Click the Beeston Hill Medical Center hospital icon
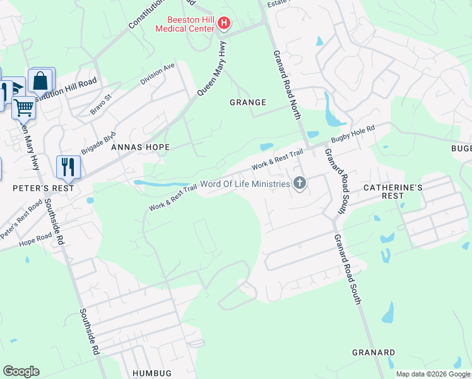(223, 25)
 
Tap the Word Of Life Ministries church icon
(300, 184)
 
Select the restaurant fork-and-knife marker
(68, 167)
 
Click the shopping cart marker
(23, 107)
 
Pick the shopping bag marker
(41, 80)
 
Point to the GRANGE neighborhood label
(247, 102)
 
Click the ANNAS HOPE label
(140, 147)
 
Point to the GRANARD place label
(373, 352)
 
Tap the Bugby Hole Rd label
(353, 135)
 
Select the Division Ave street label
(157, 75)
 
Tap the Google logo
(21, 371)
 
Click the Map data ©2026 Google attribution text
(433, 374)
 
